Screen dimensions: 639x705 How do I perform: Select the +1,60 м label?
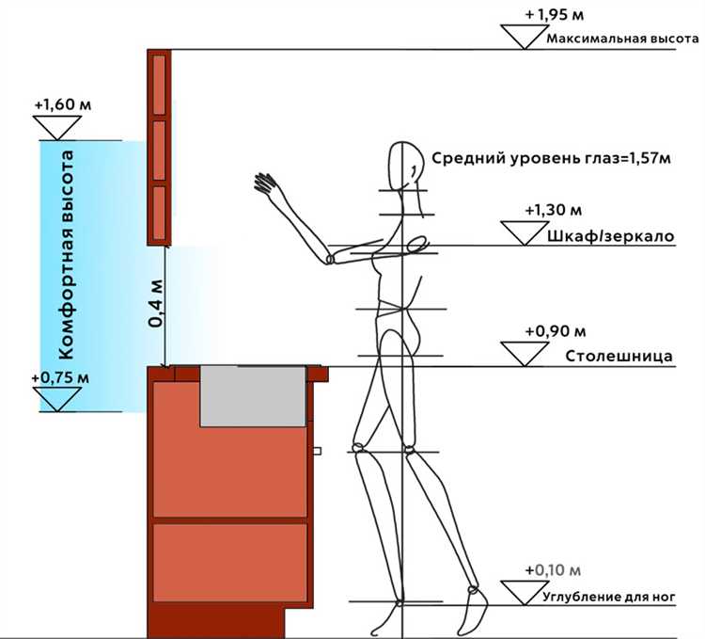click(x=57, y=104)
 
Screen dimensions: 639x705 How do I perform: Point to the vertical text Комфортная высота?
click(x=66, y=254)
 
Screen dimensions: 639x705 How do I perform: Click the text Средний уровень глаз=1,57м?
click(x=551, y=157)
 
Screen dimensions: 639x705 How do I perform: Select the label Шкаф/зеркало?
click(x=609, y=236)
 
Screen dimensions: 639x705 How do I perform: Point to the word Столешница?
click(x=619, y=358)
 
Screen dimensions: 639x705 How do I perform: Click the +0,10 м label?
click(x=554, y=570)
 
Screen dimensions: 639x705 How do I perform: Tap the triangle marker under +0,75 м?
click(x=57, y=399)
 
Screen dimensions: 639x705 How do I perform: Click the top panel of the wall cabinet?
click(x=159, y=82)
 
